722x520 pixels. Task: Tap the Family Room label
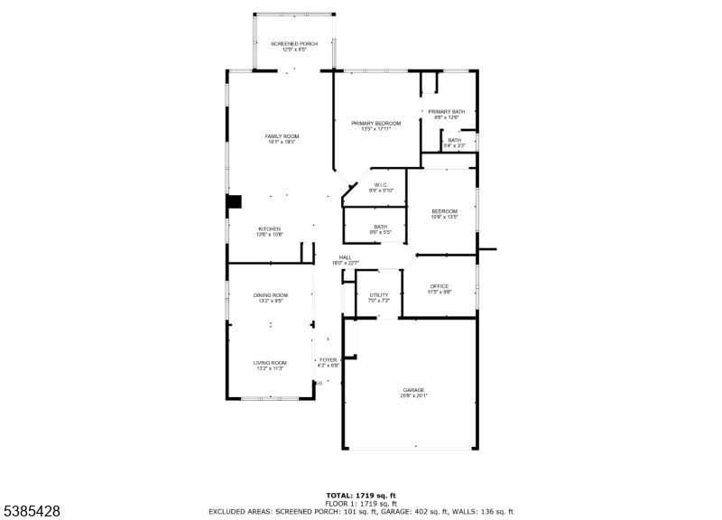282,138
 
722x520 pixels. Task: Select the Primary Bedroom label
376,125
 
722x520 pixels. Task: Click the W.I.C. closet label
381,187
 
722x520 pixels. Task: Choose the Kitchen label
270,231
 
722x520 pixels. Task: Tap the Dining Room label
271,298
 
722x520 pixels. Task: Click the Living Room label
271,365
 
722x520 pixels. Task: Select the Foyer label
329,362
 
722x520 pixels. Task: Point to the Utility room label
379,297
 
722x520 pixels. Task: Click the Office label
440,289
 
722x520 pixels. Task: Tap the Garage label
413,392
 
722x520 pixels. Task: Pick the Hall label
345,260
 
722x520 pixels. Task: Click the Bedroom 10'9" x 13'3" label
444,214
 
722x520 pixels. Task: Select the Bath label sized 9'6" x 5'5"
381,229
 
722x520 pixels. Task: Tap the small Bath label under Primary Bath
454,142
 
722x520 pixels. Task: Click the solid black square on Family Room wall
235,202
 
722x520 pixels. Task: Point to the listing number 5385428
31,511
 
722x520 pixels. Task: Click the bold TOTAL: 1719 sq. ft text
361,496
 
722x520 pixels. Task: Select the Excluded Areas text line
361,512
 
